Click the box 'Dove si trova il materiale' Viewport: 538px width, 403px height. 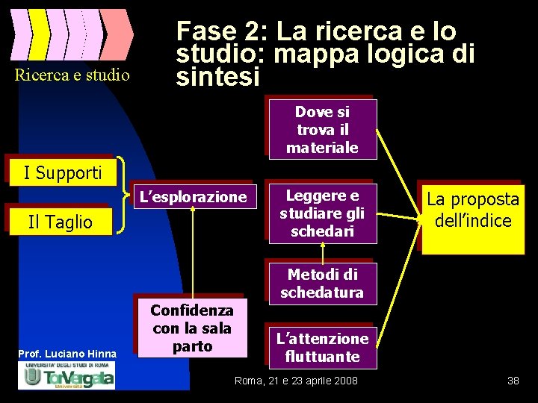pos(322,130)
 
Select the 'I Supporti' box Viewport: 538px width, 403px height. pos(63,173)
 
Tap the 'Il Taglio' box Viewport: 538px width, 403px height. pos(60,222)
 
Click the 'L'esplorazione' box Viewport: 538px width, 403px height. pos(193,197)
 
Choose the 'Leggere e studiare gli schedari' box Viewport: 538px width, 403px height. pos(322,213)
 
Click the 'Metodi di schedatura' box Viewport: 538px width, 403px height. pos(322,284)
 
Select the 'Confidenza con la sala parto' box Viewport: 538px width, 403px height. pos(192,328)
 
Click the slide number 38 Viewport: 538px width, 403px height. pos(513,381)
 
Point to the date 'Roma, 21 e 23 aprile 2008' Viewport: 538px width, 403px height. pos(296,381)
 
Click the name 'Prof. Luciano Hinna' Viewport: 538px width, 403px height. pos(68,353)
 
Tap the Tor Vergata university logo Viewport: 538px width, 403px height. pos(68,375)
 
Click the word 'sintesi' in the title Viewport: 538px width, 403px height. pos(217,76)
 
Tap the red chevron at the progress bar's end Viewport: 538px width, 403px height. pos(117,34)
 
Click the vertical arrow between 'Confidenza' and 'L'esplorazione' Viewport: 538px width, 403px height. pos(193,254)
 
